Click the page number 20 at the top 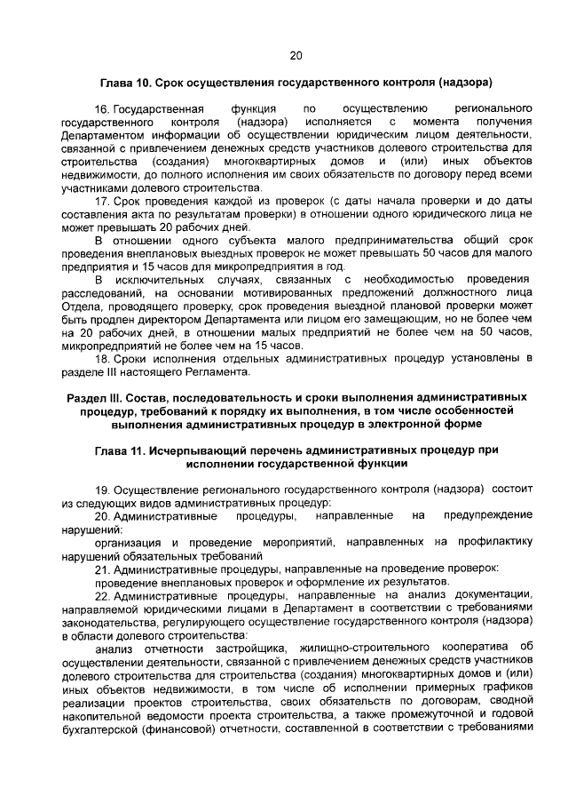click(296, 55)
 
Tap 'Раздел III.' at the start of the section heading click(97, 395)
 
